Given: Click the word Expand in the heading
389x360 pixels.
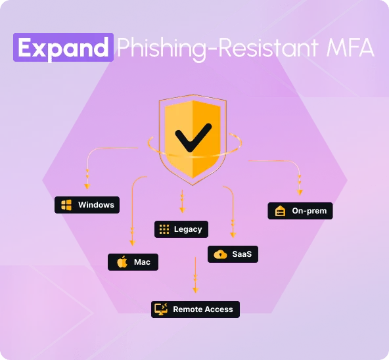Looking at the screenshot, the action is [63, 48].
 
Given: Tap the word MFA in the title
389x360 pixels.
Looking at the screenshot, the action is [350, 48].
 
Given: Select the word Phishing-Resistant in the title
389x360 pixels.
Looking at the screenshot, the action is [217, 49].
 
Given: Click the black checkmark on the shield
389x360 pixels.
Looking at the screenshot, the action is [193, 137].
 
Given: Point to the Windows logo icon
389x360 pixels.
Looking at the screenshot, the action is [66, 205].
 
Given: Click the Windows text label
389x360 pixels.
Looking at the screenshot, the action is [96, 205].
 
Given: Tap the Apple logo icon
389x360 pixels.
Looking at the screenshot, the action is [122, 262].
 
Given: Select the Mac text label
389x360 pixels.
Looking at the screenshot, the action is [142, 262].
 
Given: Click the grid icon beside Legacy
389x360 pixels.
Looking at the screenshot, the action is [164, 229].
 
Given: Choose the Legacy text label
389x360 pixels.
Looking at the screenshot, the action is [188, 229].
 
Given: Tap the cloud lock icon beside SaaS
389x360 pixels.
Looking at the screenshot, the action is [220, 254].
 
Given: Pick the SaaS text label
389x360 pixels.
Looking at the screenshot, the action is [242, 254].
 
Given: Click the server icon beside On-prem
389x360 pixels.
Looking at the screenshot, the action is [280, 211].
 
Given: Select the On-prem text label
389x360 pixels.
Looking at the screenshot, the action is [309, 211].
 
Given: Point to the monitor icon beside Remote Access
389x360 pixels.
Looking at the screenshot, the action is [161, 309].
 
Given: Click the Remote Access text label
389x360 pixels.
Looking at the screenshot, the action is [203, 309].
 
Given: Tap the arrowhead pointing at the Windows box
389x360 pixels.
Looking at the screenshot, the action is [87, 187].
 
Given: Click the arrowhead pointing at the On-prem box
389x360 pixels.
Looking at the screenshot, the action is [300, 192].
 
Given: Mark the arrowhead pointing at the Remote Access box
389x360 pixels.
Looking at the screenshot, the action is [196, 290].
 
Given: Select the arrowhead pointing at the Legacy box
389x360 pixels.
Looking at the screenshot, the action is [183, 210].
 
